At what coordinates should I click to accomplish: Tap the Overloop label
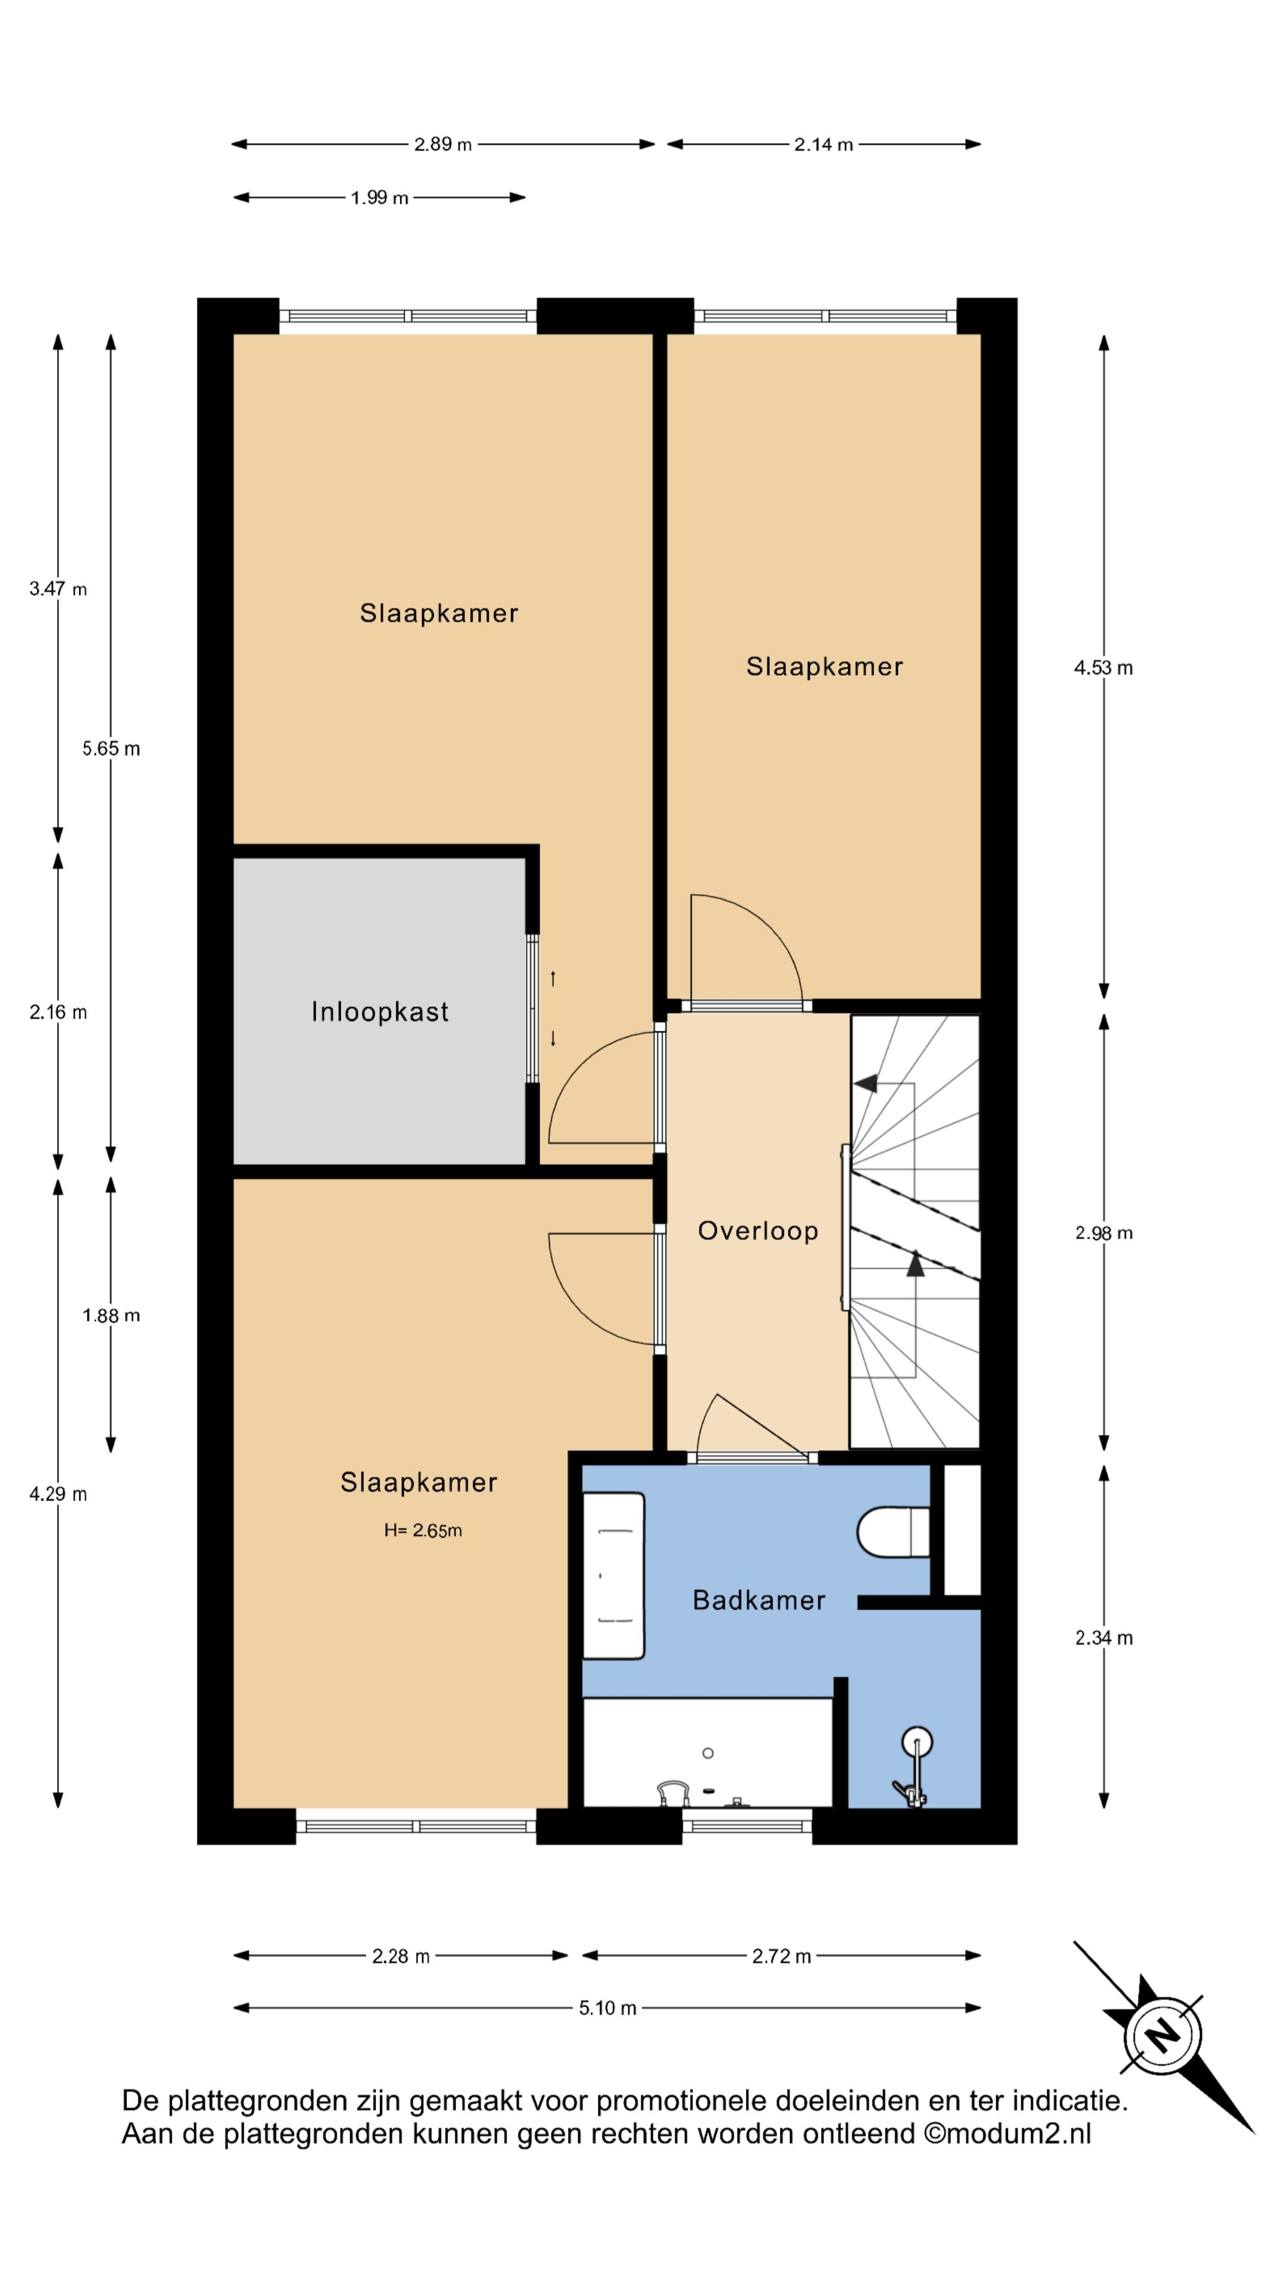[x=758, y=1231]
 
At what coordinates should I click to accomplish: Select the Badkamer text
[x=759, y=1600]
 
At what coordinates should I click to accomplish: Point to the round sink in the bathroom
[x=917, y=1742]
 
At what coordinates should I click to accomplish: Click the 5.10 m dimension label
[x=608, y=2008]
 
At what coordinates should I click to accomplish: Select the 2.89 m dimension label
[x=443, y=143]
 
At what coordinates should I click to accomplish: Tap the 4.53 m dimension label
[x=1103, y=667]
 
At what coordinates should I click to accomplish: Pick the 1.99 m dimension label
[x=380, y=197]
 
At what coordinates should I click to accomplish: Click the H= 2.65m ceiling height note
[x=423, y=1530]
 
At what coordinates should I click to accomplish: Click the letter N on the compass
[x=1162, y=2035]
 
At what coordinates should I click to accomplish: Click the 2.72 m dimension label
[x=782, y=1956]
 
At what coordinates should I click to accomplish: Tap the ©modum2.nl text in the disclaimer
[x=1007, y=2134]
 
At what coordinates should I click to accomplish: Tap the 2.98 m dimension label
[x=1104, y=1233]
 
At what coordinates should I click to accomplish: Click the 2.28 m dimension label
[x=401, y=1956]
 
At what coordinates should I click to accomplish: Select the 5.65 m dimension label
[x=111, y=748]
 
